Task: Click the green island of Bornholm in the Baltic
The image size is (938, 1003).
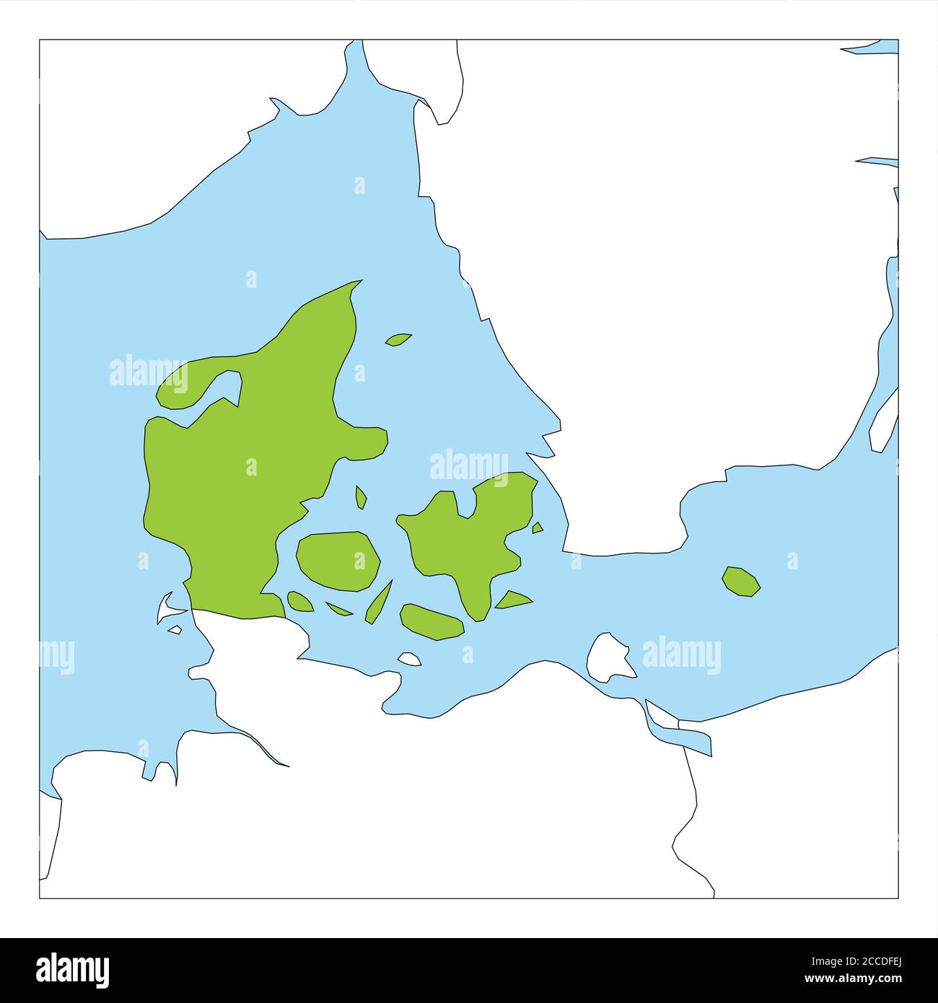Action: pyautogui.click(x=740, y=582)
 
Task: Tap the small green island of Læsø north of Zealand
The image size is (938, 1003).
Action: pyautogui.click(x=398, y=338)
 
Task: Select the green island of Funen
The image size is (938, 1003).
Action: pyautogui.click(x=338, y=561)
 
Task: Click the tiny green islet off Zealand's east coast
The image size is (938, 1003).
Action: pyautogui.click(x=538, y=527)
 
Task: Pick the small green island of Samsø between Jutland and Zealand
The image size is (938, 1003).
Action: pyautogui.click(x=361, y=496)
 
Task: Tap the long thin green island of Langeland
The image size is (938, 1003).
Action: pyautogui.click(x=379, y=601)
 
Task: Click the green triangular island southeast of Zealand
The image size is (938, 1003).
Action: pyautogui.click(x=513, y=600)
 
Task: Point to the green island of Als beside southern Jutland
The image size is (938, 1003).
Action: pyautogui.click(x=299, y=601)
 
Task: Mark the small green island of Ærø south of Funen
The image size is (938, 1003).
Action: pyautogui.click(x=338, y=609)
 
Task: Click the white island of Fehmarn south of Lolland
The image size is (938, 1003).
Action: pyautogui.click(x=409, y=658)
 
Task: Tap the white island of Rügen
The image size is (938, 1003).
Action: pyautogui.click(x=608, y=657)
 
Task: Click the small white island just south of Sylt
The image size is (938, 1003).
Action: pyautogui.click(x=175, y=630)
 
